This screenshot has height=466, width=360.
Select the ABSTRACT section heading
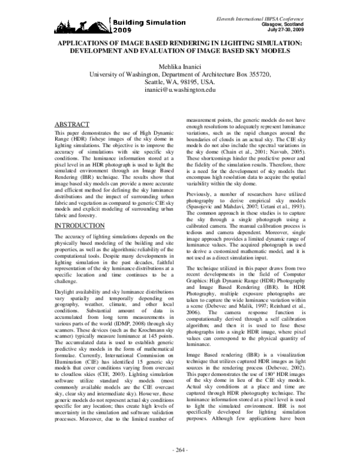pos(71,124)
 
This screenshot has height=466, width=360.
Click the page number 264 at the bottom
pos(180,450)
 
